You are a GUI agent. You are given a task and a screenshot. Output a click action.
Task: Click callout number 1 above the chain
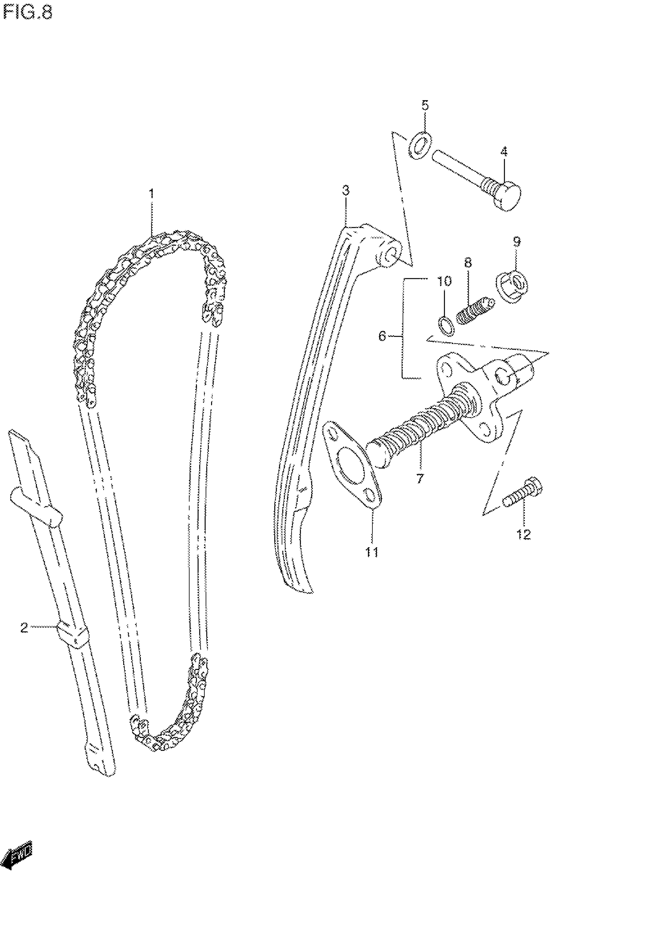(151, 193)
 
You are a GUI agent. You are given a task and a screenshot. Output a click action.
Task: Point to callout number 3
(346, 190)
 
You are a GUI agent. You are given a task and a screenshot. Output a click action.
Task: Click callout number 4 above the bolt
(504, 152)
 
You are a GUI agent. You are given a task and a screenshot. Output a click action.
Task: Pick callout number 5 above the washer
(425, 105)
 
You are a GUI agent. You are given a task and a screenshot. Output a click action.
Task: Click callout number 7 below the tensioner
(420, 479)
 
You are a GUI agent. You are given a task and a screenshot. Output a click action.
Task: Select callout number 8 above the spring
(468, 263)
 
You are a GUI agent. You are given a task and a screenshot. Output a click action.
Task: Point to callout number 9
(517, 241)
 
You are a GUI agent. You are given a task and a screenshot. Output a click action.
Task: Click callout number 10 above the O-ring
(444, 281)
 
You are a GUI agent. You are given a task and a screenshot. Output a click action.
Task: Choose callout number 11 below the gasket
(372, 552)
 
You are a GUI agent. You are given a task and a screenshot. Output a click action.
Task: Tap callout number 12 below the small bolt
(523, 535)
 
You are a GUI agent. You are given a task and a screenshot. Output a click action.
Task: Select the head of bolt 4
(508, 196)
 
